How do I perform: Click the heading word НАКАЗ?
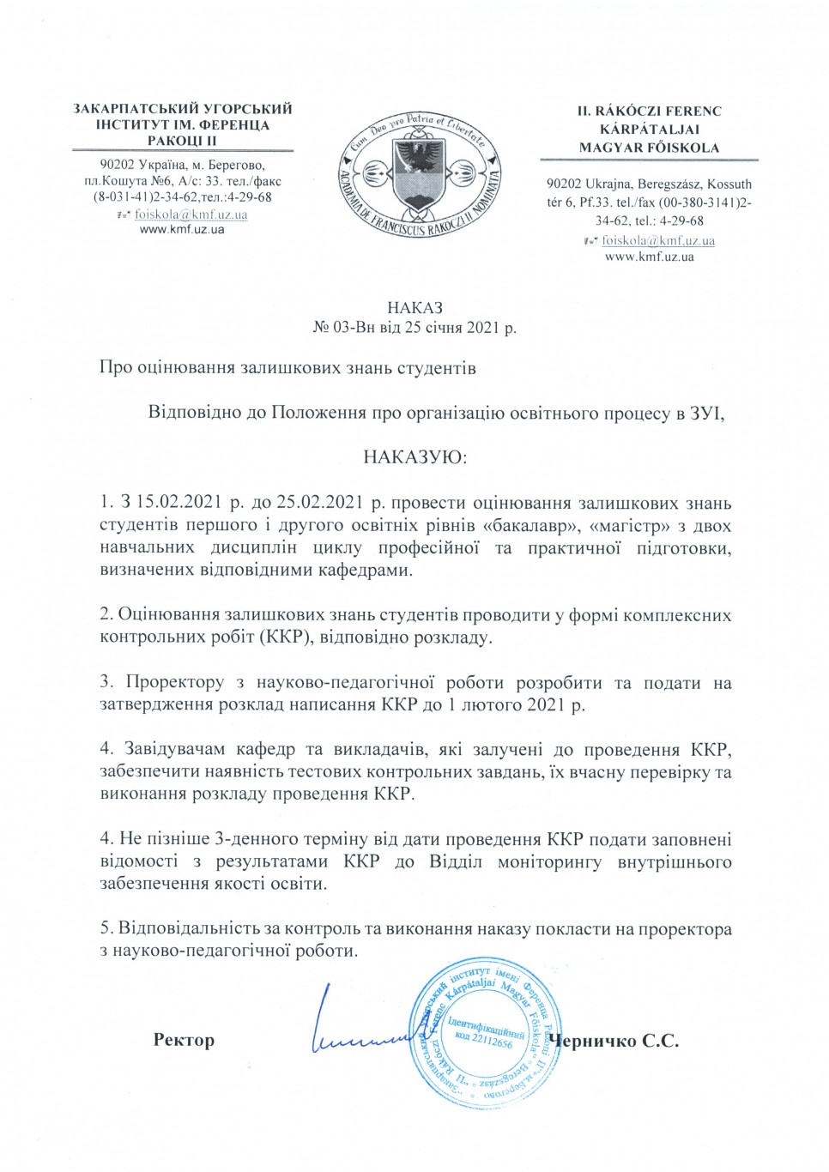414,307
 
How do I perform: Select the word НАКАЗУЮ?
415,456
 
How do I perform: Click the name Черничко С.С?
617,1041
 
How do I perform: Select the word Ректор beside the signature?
184,1040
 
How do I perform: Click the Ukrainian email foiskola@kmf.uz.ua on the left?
191,214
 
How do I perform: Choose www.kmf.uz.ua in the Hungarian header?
649,257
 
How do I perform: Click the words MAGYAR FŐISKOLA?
649,148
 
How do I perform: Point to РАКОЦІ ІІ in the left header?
182,141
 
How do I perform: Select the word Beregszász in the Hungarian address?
669,184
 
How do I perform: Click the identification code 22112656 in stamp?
492,1042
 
